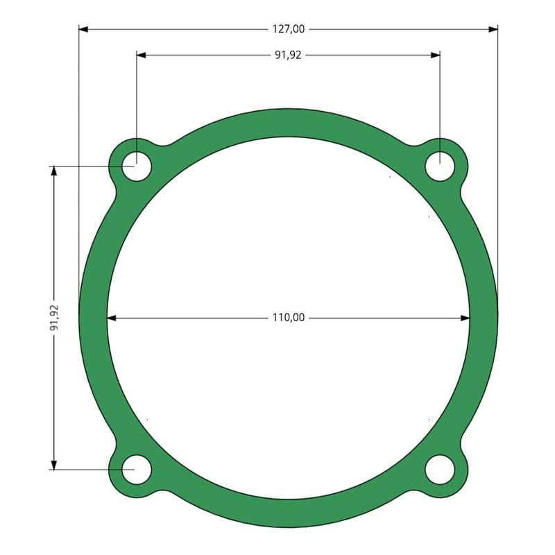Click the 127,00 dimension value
pyautogui.click(x=288, y=29)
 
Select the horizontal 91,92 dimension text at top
pyautogui.click(x=288, y=55)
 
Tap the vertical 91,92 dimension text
pyautogui.click(x=55, y=318)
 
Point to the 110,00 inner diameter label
pyautogui.click(x=288, y=318)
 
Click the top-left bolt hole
pyautogui.click(x=137, y=166)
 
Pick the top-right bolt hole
pyautogui.click(x=439, y=167)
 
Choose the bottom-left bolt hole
pyautogui.click(x=137, y=470)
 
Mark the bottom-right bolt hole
pyautogui.click(x=439, y=470)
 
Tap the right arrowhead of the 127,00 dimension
pyautogui.click(x=493, y=29)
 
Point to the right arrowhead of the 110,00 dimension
pyautogui.click(x=466, y=318)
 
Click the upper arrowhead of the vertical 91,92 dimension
pyautogui.click(x=54, y=171)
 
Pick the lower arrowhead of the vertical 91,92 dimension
pyautogui.click(x=54, y=464)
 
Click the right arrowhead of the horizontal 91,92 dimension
pyautogui.click(x=435, y=55)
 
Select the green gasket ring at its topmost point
pyautogui.click(x=288, y=122)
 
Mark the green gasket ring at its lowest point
pyautogui.click(x=288, y=513)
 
